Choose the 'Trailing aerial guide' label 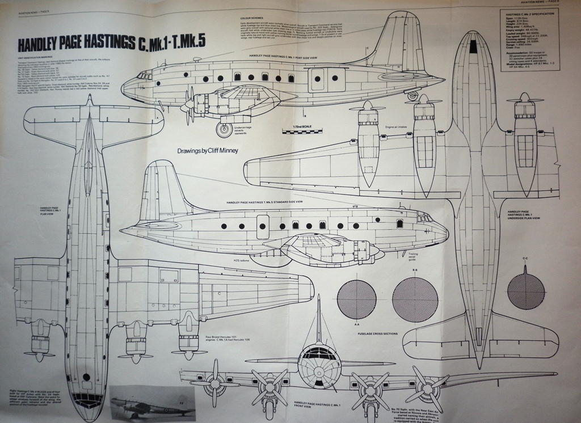[x=391, y=259]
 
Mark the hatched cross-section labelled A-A [x=356, y=299]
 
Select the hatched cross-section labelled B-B [x=415, y=299]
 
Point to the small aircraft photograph [x=152, y=403]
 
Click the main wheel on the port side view [x=225, y=130]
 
